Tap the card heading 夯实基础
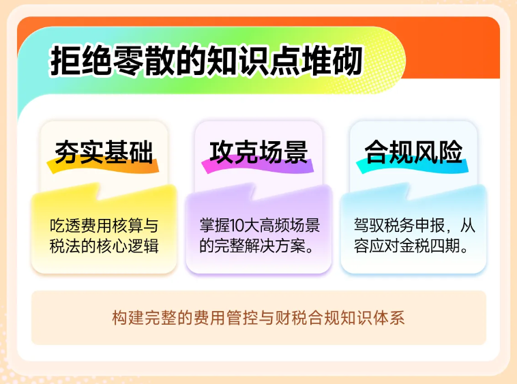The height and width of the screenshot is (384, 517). point(104,151)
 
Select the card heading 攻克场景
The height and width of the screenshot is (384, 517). point(258,151)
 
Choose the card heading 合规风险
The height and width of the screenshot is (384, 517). point(413,151)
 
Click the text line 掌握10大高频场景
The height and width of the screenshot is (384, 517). point(259,224)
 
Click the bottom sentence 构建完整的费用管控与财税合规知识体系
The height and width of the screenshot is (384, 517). point(258,319)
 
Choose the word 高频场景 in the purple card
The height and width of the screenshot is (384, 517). point(290,224)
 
